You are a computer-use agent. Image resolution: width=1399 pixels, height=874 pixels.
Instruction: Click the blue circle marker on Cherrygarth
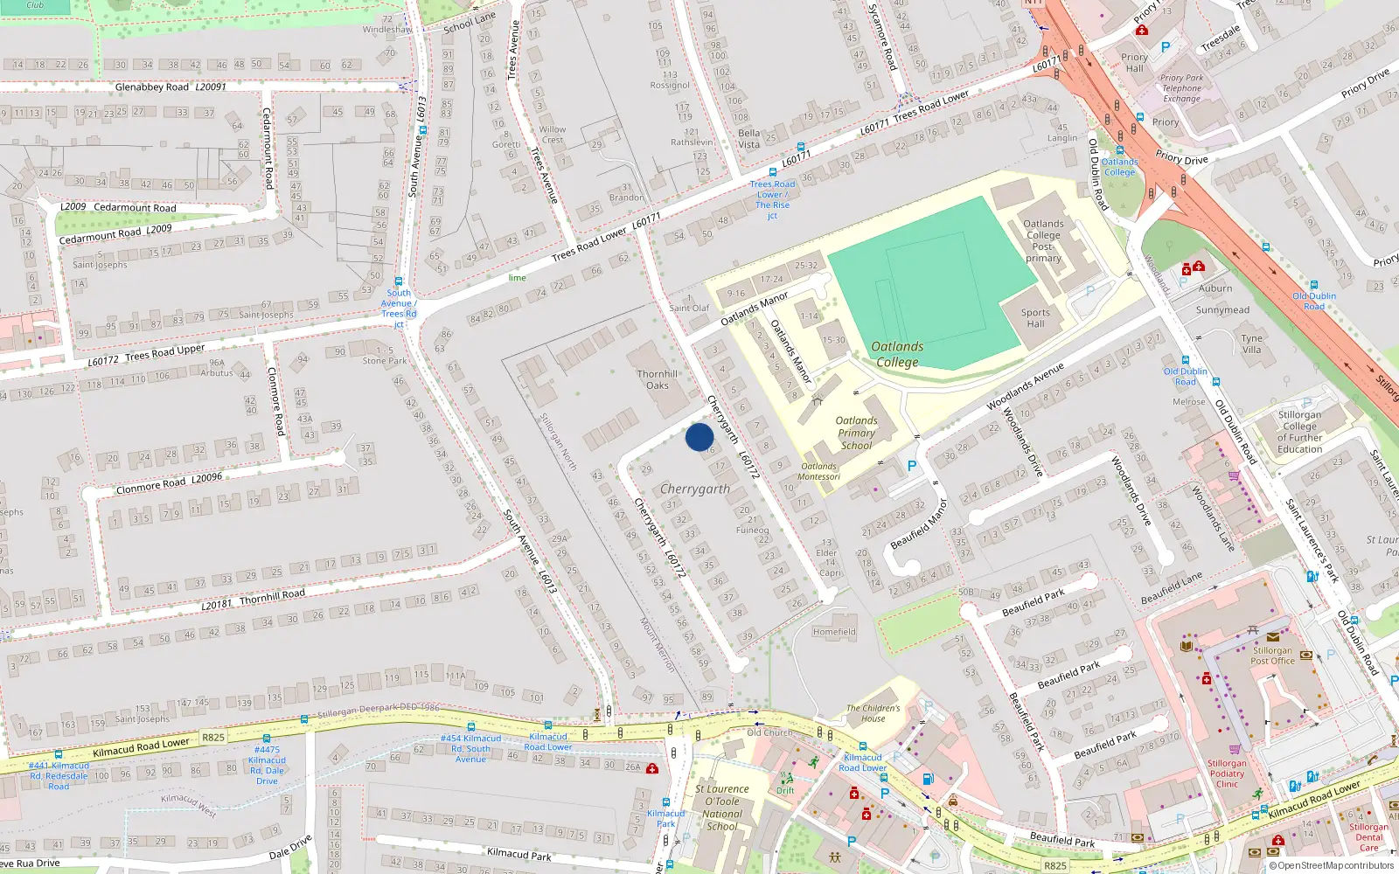699,437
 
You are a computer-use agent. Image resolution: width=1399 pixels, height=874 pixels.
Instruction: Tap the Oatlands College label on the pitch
897,354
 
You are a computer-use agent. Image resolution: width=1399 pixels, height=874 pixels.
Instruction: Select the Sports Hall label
1035,318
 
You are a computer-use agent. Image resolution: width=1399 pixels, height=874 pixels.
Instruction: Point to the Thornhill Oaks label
658,379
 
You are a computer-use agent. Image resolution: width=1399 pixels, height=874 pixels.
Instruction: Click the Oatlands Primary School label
856,433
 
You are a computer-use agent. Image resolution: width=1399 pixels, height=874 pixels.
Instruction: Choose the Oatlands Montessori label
819,471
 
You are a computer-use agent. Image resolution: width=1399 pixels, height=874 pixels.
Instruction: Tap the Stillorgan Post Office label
1272,655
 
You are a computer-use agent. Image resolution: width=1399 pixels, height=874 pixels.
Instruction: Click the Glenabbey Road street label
152,87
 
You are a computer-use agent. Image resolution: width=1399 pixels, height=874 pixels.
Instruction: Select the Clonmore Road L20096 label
170,483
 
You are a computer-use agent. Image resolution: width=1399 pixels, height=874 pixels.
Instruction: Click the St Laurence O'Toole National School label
722,808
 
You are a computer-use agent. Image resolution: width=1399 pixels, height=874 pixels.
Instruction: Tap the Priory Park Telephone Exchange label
1181,88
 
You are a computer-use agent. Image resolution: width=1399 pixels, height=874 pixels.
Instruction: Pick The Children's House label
873,713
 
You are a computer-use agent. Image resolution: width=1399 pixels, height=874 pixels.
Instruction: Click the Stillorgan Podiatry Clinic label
1227,773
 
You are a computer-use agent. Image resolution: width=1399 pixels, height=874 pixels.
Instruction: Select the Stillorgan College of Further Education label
1299,432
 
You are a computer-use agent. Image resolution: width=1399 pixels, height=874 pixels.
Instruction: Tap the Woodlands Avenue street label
1025,386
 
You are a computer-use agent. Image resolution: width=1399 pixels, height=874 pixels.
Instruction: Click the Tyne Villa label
1252,343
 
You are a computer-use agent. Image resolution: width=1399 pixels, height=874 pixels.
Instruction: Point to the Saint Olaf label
689,308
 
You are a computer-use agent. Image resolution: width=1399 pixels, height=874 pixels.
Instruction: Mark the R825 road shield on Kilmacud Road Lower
213,737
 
